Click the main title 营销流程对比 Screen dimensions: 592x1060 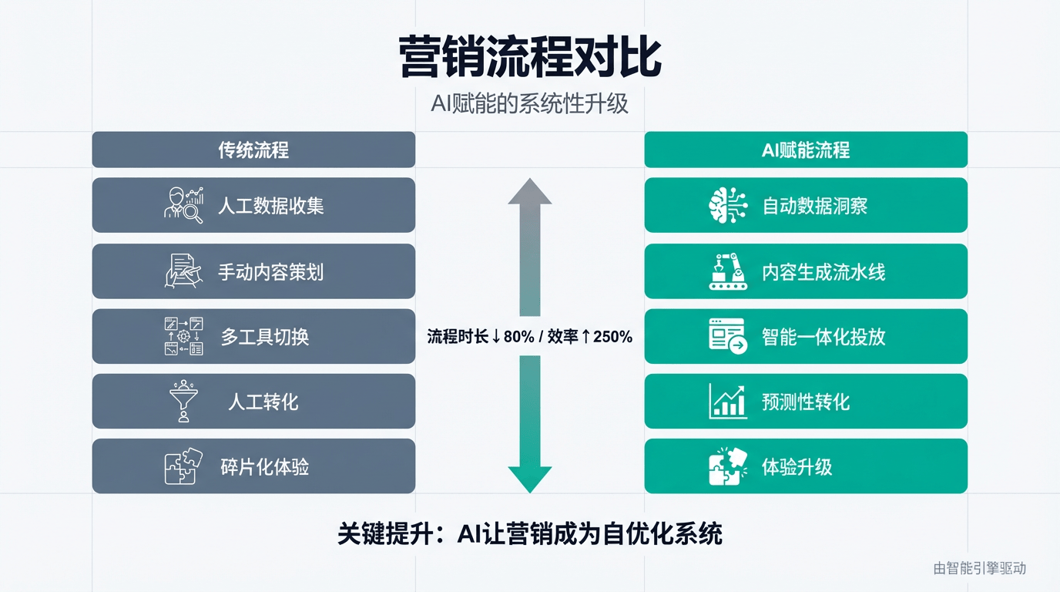click(x=530, y=57)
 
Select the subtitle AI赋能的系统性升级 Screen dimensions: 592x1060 click(x=530, y=103)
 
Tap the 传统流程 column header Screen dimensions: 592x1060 click(x=253, y=150)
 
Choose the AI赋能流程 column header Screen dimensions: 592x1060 click(x=805, y=150)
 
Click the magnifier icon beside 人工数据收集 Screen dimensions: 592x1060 click(x=183, y=205)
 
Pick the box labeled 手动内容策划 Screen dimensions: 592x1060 click(x=253, y=271)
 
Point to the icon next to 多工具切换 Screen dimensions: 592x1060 click(x=183, y=336)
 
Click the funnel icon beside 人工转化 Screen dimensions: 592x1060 click(x=183, y=401)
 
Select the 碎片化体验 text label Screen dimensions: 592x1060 click(x=264, y=466)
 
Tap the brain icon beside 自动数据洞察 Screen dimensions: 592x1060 click(x=727, y=205)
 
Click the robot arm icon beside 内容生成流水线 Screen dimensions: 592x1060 click(x=727, y=271)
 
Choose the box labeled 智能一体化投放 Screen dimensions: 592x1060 click(x=805, y=336)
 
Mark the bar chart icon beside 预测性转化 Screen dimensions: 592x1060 click(x=727, y=401)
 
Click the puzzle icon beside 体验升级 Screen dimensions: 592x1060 click(x=727, y=466)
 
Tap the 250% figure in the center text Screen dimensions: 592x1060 click(x=612, y=336)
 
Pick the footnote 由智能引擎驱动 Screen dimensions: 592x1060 click(x=980, y=568)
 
